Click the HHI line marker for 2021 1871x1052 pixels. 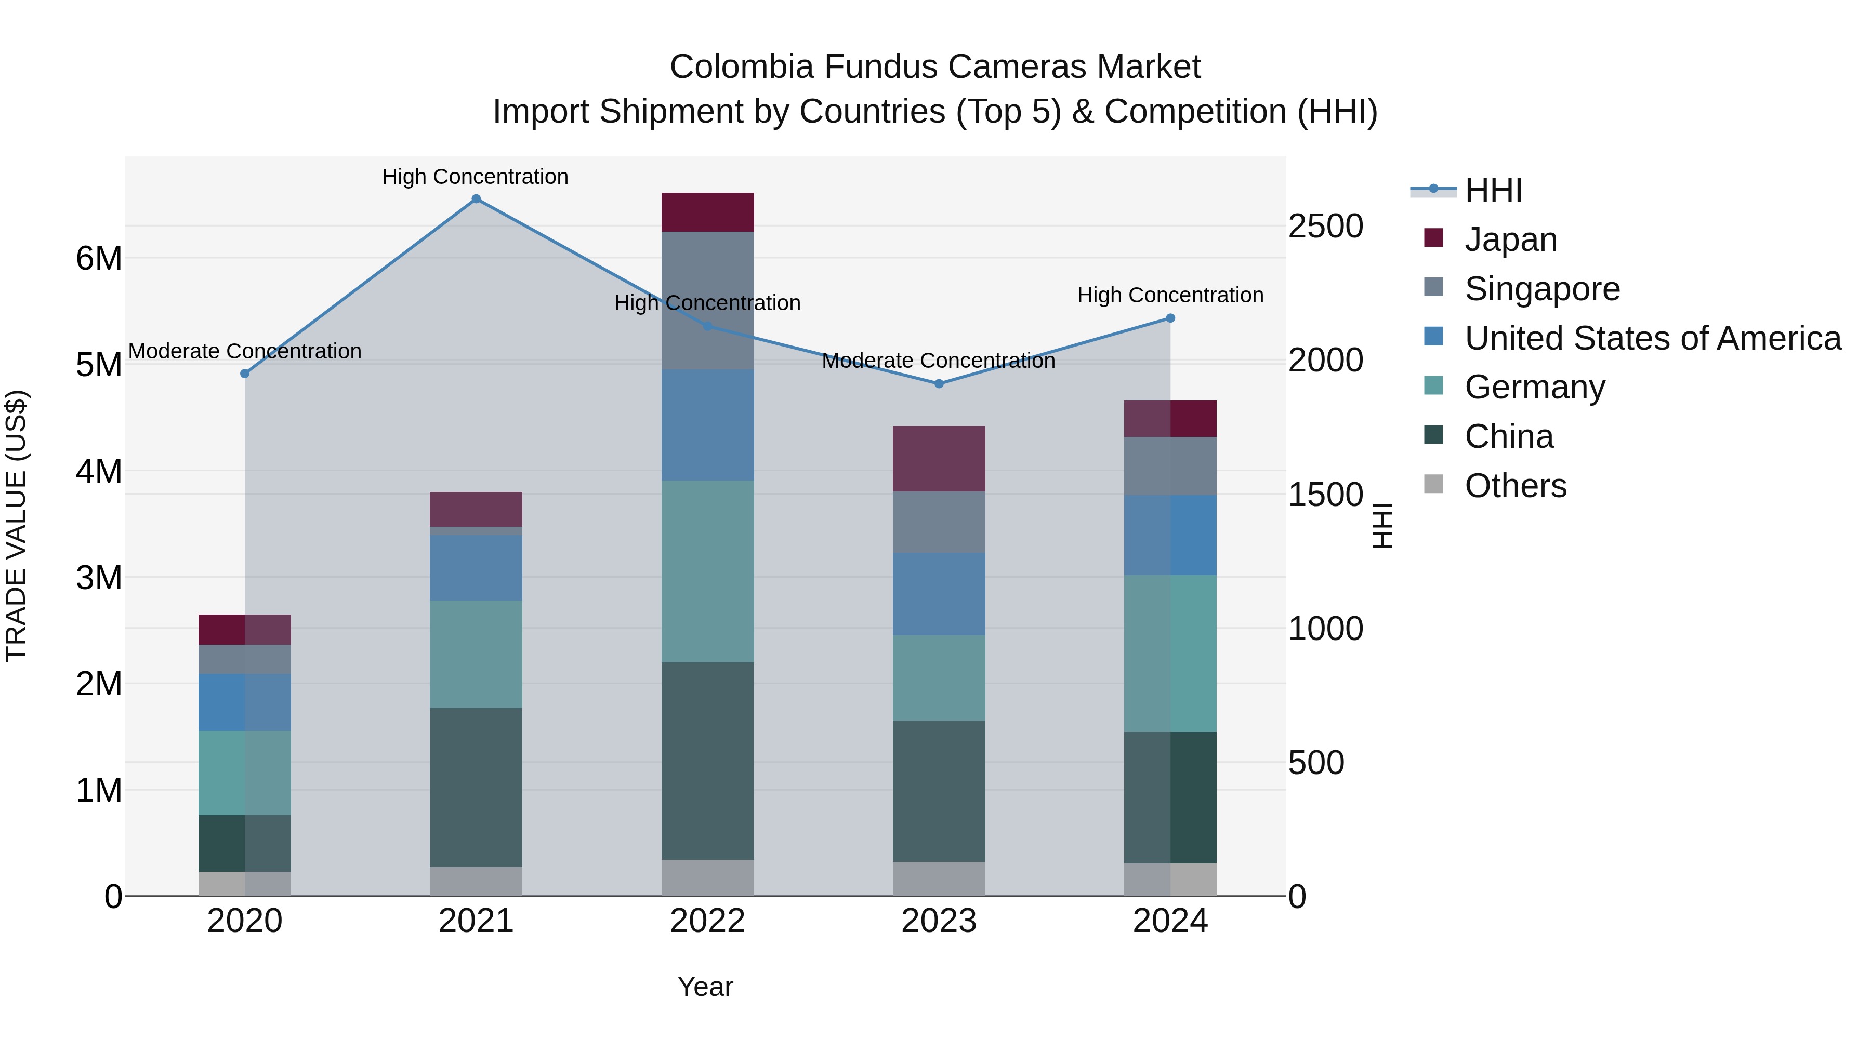click(x=476, y=199)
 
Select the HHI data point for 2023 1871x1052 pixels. click(x=939, y=383)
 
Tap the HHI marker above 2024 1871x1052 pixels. click(x=1170, y=318)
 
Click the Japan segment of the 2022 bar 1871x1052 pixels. click(x=707, y=212)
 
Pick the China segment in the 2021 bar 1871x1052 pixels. click(x=476, y=787)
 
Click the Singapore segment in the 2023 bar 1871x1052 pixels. click(x=939, y=522)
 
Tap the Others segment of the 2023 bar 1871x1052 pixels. click(x=939, y=878)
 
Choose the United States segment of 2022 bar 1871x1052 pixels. click(x=707, y=425)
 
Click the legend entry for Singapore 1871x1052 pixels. click(x=1542, y=289)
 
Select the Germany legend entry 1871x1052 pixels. click(x=1534, y=387)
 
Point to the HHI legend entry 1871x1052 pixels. click(x=1493, y=190)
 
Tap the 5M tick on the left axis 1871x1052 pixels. click(x=99, y=365)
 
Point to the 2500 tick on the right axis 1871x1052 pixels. click(x=1325, y=226)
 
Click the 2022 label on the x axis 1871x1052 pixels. click(x=707, y=921)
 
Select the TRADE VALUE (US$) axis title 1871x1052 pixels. click(x=16, y=526)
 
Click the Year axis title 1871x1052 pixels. click(x=705, y=987)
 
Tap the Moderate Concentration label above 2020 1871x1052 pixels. click(x=245, y=351)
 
